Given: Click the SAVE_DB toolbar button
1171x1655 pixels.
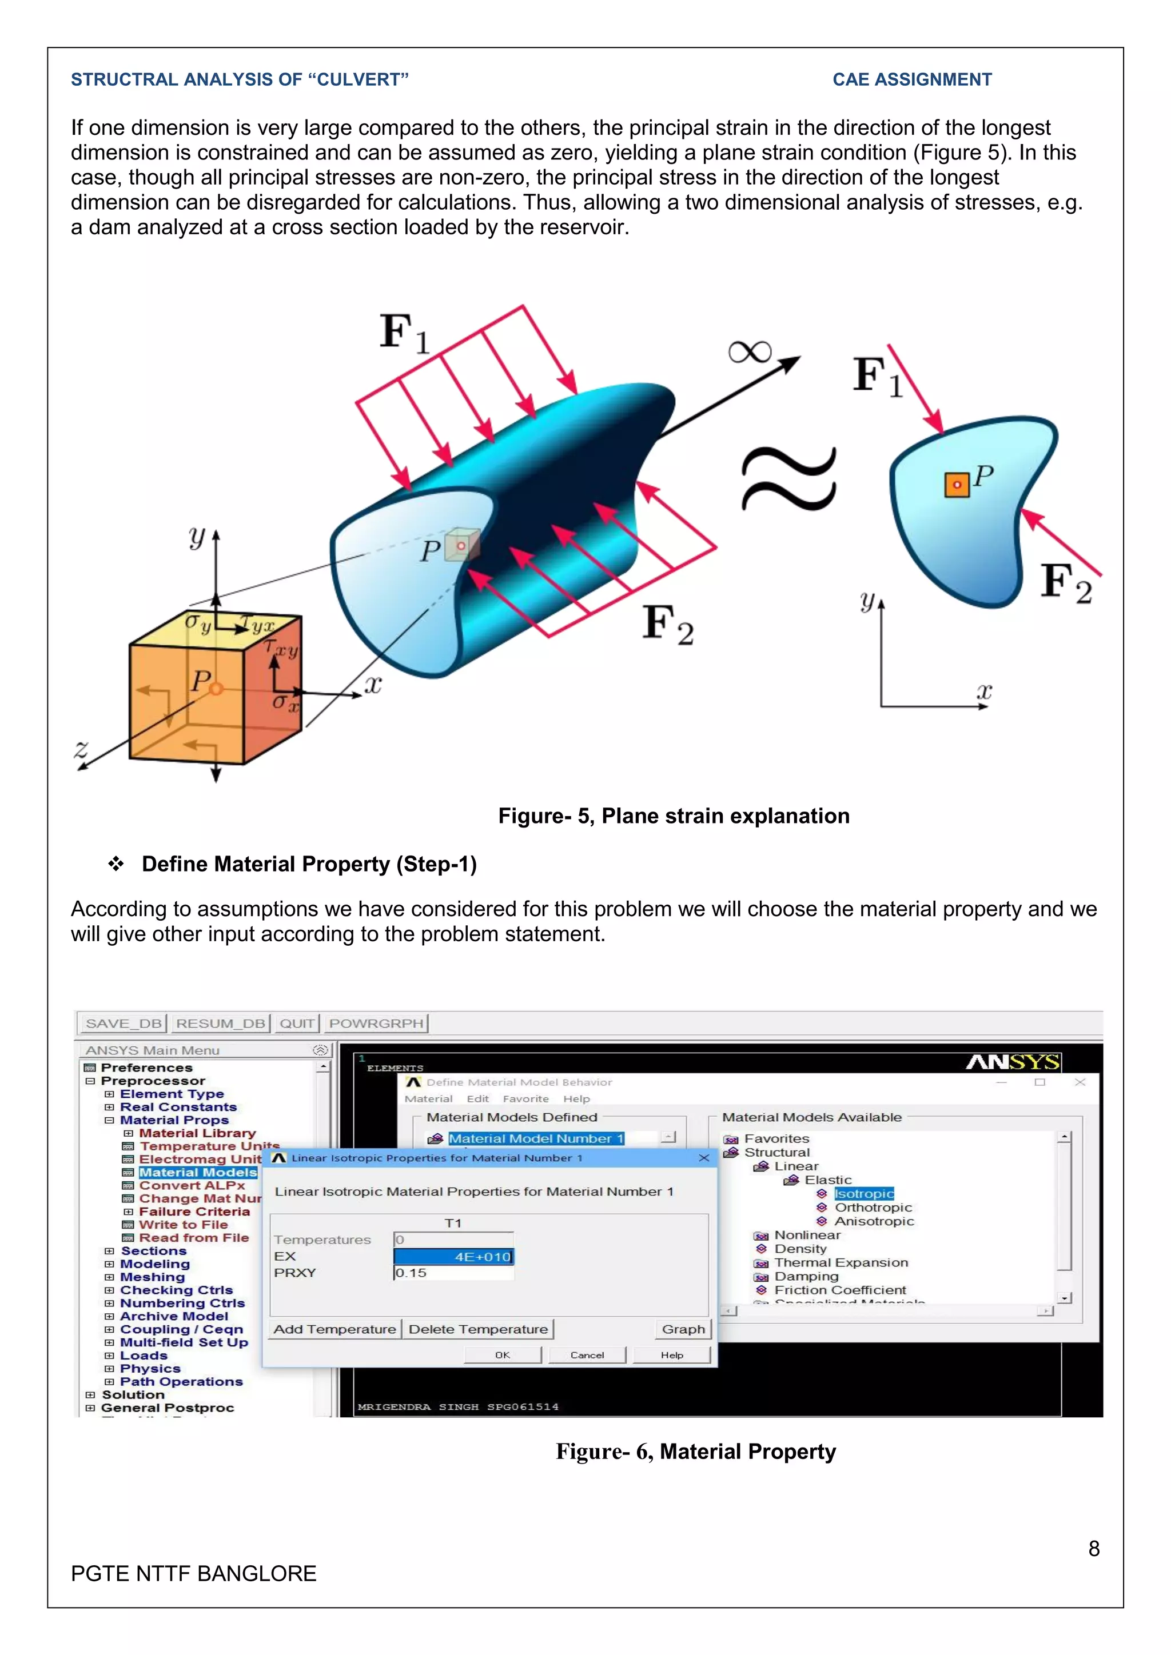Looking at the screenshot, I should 122,1023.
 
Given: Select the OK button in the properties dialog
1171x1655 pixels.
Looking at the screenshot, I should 503,1355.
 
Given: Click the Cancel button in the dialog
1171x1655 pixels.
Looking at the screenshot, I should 587,1355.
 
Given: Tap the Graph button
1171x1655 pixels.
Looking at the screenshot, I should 683,1329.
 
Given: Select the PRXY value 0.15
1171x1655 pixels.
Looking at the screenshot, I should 453,1273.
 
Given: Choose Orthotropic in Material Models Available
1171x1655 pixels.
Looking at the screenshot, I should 873,1208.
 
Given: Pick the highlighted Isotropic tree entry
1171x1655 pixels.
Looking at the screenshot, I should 864,1194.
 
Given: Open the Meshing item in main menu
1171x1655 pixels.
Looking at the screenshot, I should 152,1277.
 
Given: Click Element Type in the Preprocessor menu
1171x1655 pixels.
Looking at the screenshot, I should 172,1093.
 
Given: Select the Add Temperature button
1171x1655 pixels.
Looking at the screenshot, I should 334,1329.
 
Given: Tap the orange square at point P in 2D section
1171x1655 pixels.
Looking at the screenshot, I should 957,485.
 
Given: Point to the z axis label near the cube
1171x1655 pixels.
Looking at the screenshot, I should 82,749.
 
